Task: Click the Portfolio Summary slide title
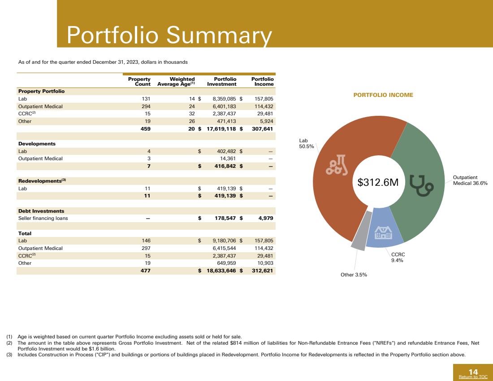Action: [169, 35]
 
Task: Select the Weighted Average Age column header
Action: [176, 82]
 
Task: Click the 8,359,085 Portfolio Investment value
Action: [221, 99]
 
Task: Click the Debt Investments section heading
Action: [41, 211]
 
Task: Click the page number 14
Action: [473, 371]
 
